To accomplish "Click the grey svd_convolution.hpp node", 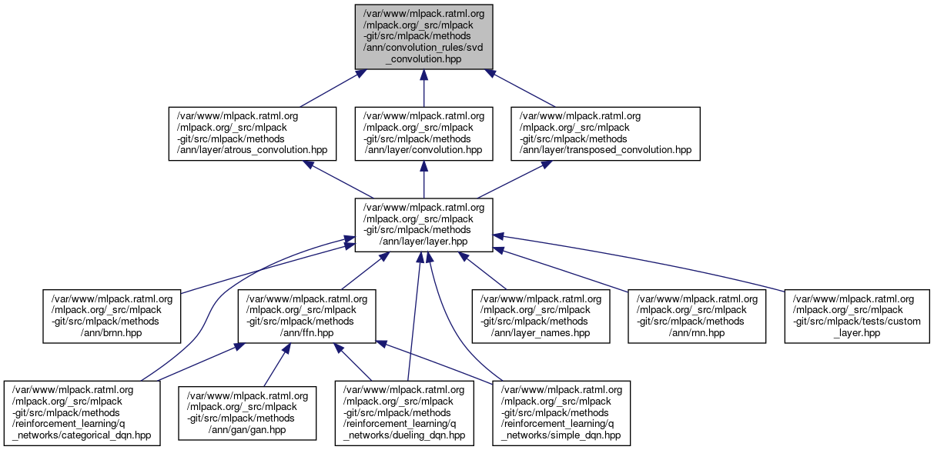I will [423, 36].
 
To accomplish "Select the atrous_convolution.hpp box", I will [253, 133].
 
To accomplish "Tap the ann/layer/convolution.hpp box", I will [423, 133].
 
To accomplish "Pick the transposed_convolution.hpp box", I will [605, 133].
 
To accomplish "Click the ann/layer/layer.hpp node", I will [423, 224].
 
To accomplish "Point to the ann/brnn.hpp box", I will [112, 315].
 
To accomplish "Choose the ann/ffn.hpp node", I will [306, 315].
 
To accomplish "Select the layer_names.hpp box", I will [542, 315].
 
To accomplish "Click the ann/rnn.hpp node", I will [698, 315].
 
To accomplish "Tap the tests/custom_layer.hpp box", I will [857, 315].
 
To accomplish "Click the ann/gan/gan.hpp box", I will [247, 412].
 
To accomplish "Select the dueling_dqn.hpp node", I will [404, 412].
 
